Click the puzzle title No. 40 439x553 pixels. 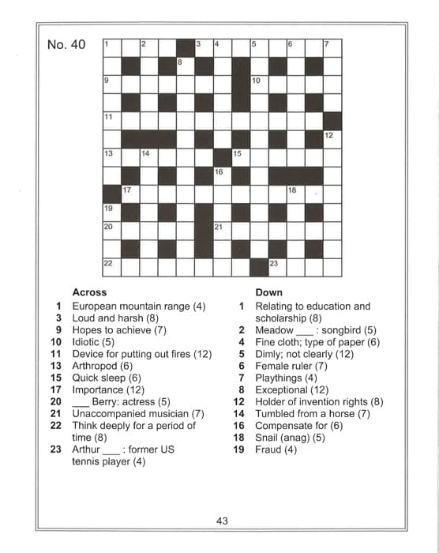click(x=66, y=45)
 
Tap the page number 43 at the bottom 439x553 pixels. click(x=222, y=521)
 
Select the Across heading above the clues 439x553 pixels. click(x=89, y=292)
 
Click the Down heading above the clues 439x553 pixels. click(x=268, y=292)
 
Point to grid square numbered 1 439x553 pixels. click(x=111, y=47)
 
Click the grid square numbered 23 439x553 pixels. click(x=276, y=267)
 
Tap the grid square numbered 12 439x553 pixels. click(x=332, y=139)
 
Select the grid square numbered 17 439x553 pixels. click(x=130, y=194)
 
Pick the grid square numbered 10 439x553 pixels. click(x=259, y=84)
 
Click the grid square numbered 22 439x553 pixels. click(x=111, y=267)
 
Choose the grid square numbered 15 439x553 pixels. click(x=240, y=157)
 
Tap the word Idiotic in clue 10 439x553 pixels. click(x=86, y=342)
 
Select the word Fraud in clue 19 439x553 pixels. click(x=268, y=450)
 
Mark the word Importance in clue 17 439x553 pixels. click(x=97, y=389)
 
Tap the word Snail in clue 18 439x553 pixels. click(x=268, y=437)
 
